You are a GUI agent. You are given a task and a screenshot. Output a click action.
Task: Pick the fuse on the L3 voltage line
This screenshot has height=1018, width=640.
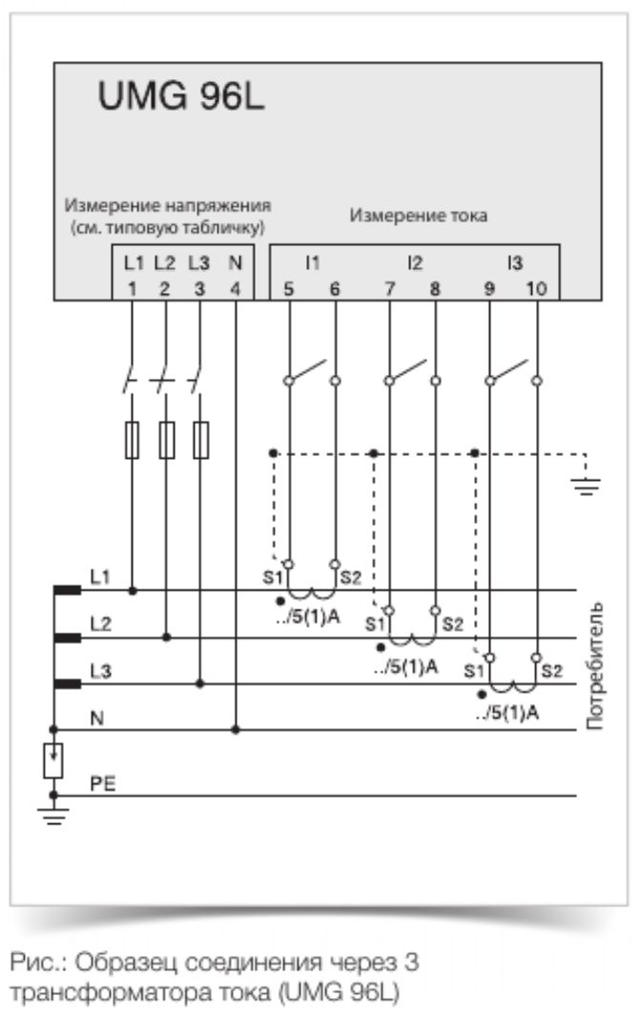[199, 441]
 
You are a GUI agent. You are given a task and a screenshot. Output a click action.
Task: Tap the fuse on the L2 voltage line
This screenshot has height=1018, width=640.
[166, 441]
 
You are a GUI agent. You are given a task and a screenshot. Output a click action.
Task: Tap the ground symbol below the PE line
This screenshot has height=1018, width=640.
[53, 819]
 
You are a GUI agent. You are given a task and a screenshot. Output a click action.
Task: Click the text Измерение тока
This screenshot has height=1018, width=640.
[420, 216]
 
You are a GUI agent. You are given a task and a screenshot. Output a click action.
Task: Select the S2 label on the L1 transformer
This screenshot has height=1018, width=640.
[350, 578]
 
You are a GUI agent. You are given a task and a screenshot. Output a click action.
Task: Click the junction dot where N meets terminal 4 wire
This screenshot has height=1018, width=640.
[236, 731]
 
